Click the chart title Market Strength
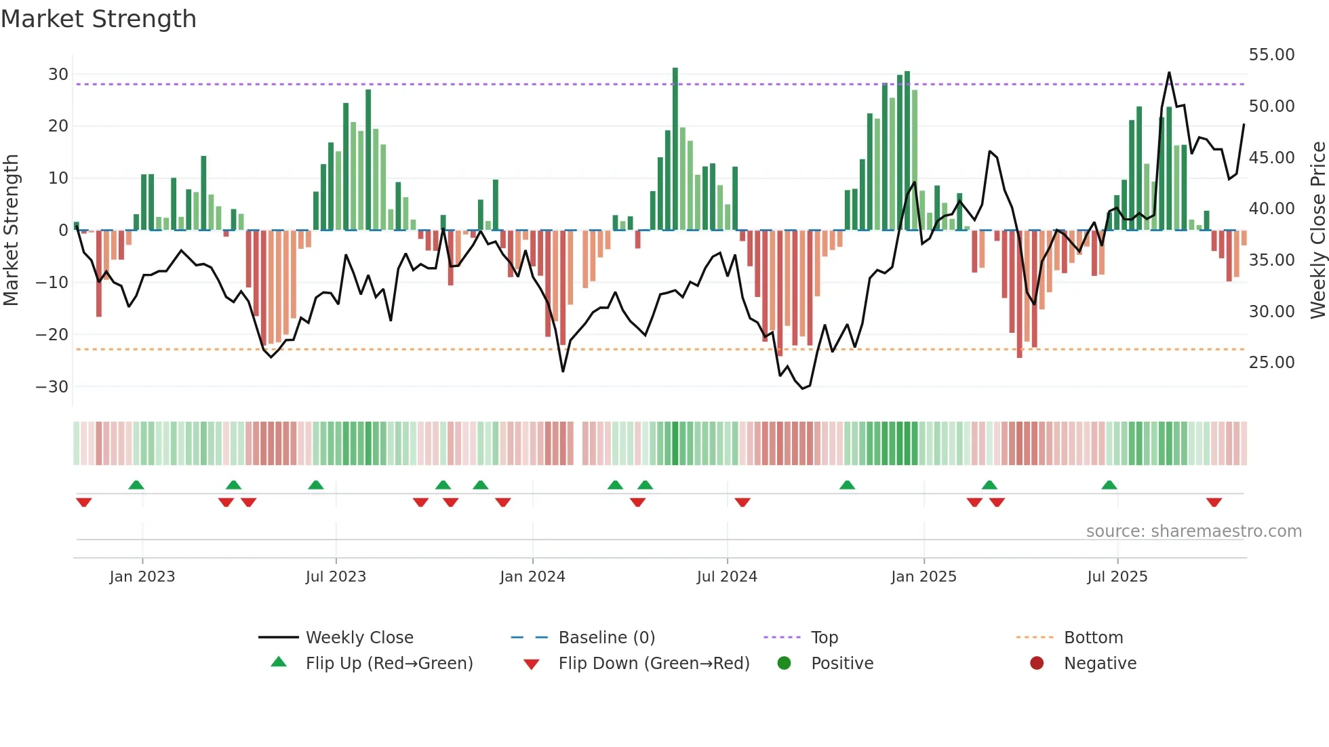click(x=98, y=19)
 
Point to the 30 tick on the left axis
click(x=58, y=74)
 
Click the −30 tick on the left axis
click(x=53, y=386)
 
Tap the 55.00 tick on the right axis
click(x=1271, y=55)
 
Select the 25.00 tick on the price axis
click(x=1271, y=363)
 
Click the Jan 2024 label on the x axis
click(x=532, y=577)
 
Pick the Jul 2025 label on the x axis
click(x=1117, y=577)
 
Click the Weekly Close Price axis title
click(x=1317, y=230)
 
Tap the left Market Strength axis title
click(x=11, y=230)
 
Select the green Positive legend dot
click(x=785, y=664)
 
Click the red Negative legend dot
click(x=1037, y=664)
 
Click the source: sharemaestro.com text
click(x=1193, y=531)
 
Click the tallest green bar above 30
click(x=675, y=149)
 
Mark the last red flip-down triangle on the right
click(x=1214, y=502)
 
